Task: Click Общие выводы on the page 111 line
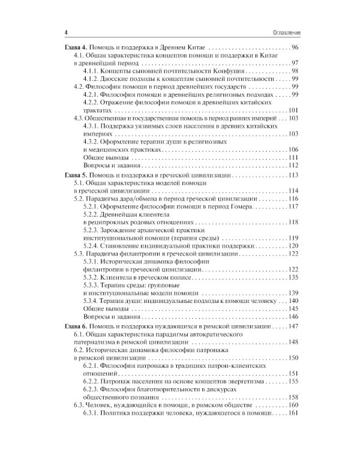click(103, 158)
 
